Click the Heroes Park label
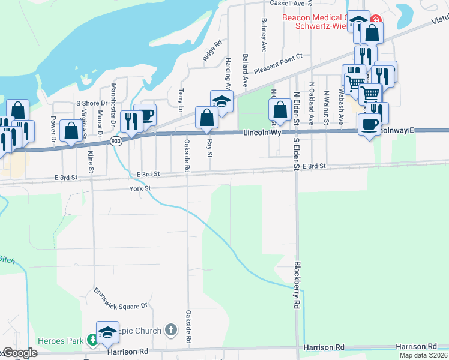[x=61, y=341]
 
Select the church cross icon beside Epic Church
[x=171, y=329]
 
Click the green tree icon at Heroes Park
[x=92, y=341]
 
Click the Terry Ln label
[x=181, y=100]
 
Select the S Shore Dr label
[x=91, y=103]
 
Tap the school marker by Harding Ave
[x=221, y=100]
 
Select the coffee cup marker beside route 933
[x=145, y=115]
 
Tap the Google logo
[x=20, y=353]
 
